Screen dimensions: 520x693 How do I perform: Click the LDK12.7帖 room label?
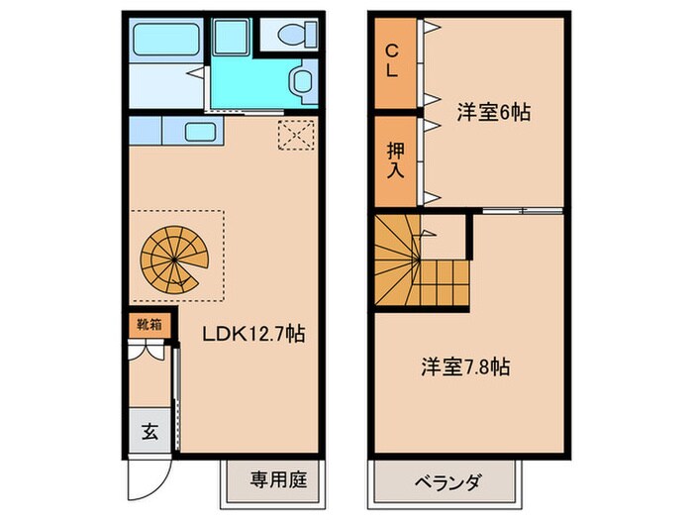tap(253, 335)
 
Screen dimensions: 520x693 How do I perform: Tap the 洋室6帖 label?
tap(494, 113)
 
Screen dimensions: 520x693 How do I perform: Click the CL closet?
tap(392, 62)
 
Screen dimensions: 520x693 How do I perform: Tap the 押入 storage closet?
tap(393, 159)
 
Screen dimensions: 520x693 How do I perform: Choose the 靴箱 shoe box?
tap(147, 325)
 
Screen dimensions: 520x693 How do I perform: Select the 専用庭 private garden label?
tap(277, 481)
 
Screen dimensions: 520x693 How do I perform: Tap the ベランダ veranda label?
tap(446, 482)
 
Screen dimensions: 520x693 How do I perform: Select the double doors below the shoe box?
tap(147, 352)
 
